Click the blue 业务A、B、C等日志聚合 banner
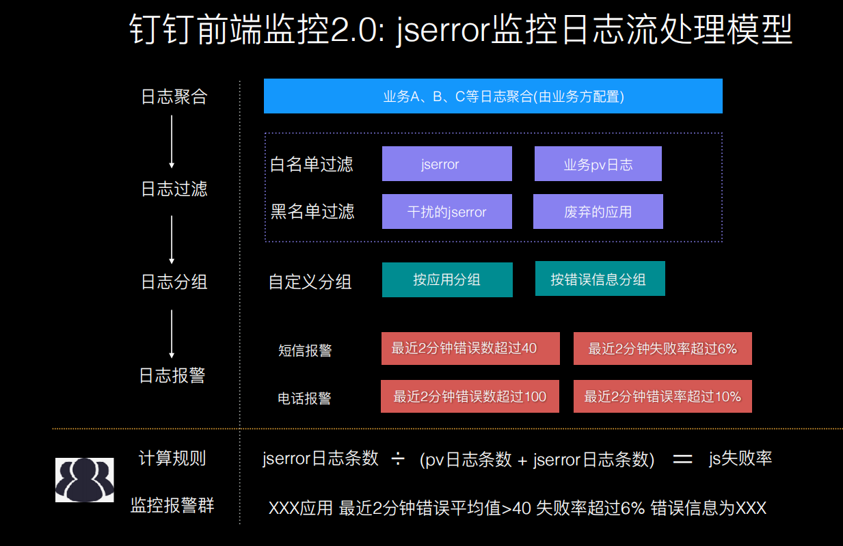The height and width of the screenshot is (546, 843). point(493,96)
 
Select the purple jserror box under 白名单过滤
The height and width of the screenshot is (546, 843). point(446,164)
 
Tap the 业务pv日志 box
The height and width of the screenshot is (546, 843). point(598,164)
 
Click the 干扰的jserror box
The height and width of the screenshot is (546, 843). point(446,212)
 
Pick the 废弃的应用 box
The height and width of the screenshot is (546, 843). point(598,212)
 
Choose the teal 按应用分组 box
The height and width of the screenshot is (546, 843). point(446,279)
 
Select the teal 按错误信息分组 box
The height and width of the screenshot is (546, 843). point(600,279)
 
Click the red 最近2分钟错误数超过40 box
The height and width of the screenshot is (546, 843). point(470,349)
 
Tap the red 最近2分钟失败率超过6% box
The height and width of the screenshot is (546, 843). point(663,349)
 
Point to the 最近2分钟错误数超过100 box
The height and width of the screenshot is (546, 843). point(470,396)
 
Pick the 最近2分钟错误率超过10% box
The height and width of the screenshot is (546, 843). point(663,396)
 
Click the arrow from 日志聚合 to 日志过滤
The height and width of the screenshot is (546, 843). point(172,141)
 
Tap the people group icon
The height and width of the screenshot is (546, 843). point(85,480)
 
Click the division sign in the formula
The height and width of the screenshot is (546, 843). point(398,459)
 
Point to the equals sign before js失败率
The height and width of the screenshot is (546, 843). point(682,459)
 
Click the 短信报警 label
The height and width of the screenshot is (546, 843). point(305,351)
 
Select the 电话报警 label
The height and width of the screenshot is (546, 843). point(304,398)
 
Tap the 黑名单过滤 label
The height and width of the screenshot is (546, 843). point(312,212)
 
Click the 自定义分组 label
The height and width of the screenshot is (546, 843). point(310,282)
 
